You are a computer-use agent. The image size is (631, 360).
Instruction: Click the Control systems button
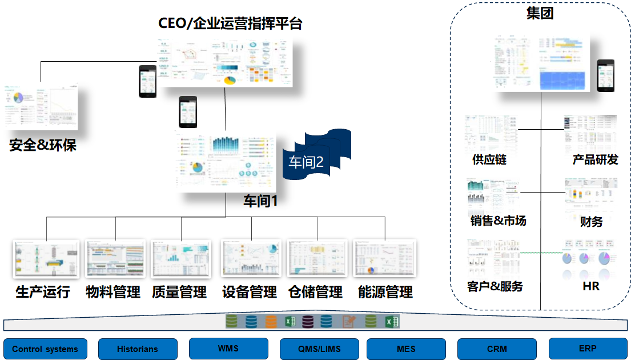point(45,349)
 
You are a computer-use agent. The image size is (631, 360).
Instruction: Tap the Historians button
point(137,349)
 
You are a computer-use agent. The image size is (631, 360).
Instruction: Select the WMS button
point(228,348)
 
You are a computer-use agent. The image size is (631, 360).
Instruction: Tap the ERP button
point(588,348)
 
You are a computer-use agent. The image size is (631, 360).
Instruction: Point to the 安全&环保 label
point(43,145)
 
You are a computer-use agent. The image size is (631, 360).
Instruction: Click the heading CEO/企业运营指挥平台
point(230,23)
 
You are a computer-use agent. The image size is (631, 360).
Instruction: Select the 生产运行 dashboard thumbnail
point(46,259)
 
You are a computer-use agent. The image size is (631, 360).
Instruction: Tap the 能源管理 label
point(385,293)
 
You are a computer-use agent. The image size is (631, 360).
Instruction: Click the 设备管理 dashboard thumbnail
point(251,259)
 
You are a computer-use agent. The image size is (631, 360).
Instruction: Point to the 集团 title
point(540,13)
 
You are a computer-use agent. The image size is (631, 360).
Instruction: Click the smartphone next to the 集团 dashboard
point(605,75)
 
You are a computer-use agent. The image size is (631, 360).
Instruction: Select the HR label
point(591,286)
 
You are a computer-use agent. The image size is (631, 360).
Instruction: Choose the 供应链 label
point(489,159)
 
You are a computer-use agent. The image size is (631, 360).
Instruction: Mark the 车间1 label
point(260,201)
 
